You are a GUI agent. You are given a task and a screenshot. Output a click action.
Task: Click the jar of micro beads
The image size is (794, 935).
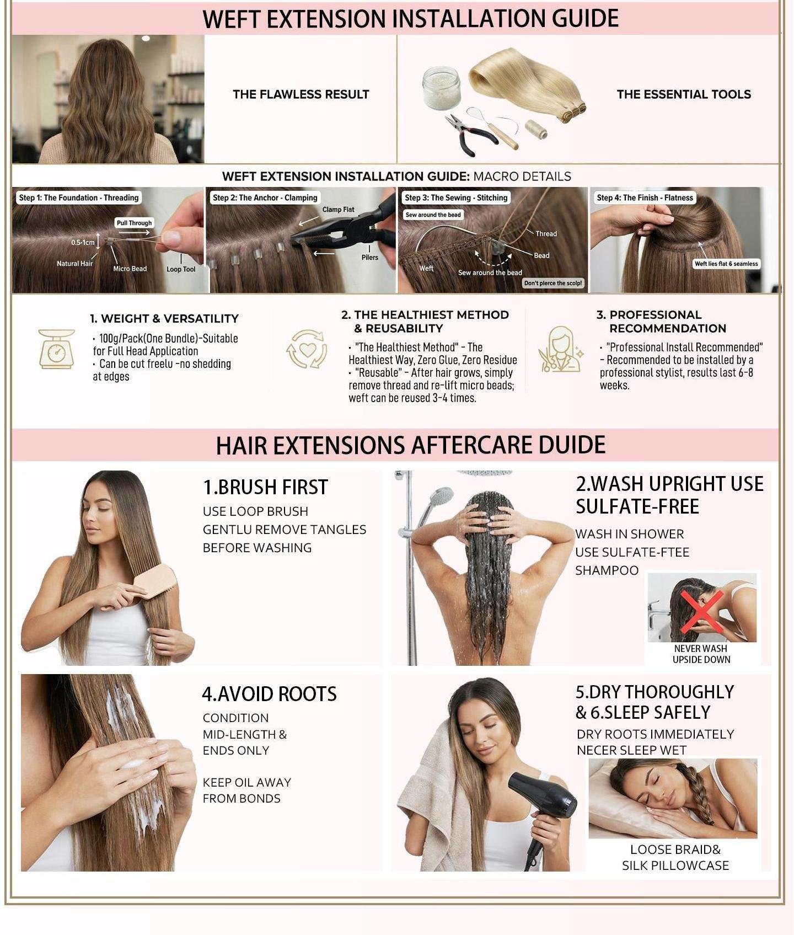pos(441,88)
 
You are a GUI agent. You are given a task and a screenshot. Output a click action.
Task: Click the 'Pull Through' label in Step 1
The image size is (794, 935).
pos(134,223)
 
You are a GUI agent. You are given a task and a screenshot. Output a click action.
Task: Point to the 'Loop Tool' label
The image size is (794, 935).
pos(181,269)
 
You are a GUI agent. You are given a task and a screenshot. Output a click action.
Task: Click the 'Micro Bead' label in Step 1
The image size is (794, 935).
pos(130,269)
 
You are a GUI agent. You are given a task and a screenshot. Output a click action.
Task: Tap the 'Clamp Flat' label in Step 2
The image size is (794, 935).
pos(339,210)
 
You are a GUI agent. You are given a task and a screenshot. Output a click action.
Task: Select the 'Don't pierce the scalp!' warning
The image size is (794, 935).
pos(553,283)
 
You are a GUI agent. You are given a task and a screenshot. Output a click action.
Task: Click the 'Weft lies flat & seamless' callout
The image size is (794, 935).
pos(726,264)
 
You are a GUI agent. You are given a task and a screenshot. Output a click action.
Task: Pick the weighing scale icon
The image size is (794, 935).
pos(56,349)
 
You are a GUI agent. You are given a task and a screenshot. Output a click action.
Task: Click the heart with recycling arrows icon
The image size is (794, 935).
pos(307,349)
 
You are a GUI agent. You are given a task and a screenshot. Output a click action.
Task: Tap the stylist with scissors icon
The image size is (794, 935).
pos(560,349)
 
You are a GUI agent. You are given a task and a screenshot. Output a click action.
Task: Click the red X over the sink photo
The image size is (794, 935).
pos(702,612)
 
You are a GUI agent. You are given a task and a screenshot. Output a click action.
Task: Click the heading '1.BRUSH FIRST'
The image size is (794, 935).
pos(265,487)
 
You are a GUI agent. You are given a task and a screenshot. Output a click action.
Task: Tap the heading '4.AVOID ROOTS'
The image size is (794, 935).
pos(269,694)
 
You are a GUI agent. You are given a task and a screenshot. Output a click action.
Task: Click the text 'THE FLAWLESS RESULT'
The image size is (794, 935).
pos(301,94)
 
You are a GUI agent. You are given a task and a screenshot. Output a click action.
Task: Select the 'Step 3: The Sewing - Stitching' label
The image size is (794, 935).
pos(456,197)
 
